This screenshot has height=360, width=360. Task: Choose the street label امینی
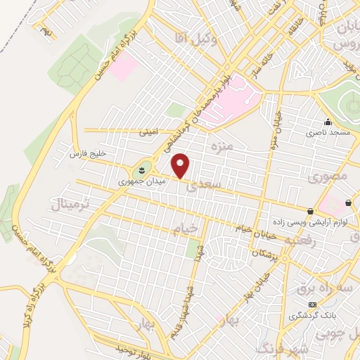(x=148, y=131)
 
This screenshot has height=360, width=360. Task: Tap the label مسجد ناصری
(x=327, y=131)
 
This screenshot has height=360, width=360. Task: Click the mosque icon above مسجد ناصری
(x=327, y=121)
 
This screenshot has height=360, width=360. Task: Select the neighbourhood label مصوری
(x=327, y=178)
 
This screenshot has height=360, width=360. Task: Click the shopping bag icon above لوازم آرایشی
(x=310, y=210)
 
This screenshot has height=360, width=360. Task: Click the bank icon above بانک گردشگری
(x=313, y=304)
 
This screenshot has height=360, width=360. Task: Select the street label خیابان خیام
(x=252, y=229)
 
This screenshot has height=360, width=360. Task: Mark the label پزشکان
(x=267, y=252)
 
